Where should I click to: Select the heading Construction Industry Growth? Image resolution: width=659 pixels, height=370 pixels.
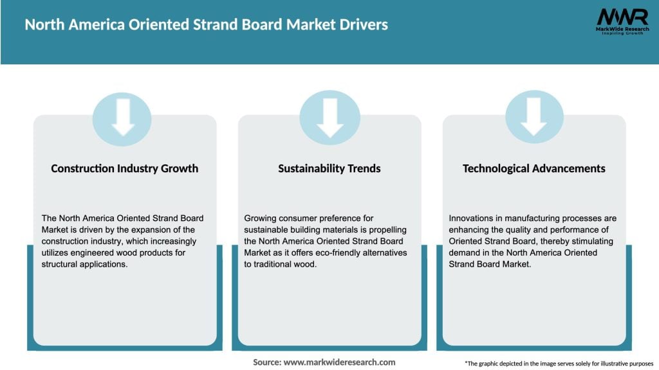(124, 168)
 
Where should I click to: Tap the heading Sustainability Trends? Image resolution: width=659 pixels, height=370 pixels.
(329, 168)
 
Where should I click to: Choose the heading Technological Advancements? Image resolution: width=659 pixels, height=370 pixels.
(534, 168)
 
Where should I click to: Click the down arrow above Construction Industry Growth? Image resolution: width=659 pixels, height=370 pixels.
(122, 119)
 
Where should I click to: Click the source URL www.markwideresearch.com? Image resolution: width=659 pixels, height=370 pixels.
(339, 362)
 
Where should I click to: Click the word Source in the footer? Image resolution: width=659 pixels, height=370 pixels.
(267, 362)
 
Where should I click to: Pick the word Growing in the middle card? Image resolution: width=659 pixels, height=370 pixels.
(261, 218)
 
